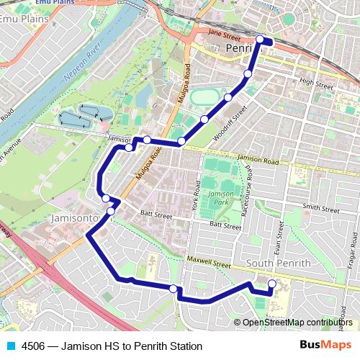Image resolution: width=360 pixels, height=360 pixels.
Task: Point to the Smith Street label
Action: [321, 207]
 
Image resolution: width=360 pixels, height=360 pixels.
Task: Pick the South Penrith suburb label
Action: [278, 264]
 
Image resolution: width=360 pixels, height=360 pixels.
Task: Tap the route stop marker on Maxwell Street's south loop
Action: [173, 289]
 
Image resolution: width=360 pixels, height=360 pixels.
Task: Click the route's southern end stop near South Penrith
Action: [271, 284]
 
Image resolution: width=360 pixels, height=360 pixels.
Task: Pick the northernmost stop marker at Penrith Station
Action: [260, 40]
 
